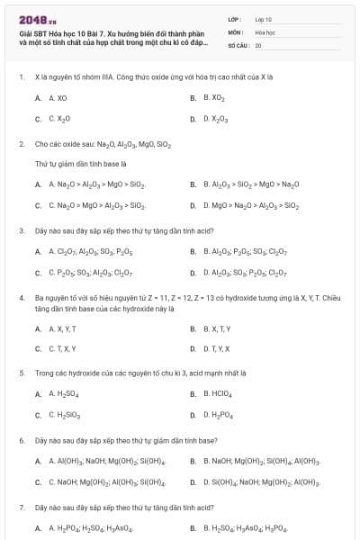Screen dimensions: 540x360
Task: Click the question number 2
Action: coord(21,143)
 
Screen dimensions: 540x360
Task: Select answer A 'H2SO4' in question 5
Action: coord(62,393)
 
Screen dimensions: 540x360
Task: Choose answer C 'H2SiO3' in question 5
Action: coord(64,415)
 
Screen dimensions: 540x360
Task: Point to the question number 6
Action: coord(21,440)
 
